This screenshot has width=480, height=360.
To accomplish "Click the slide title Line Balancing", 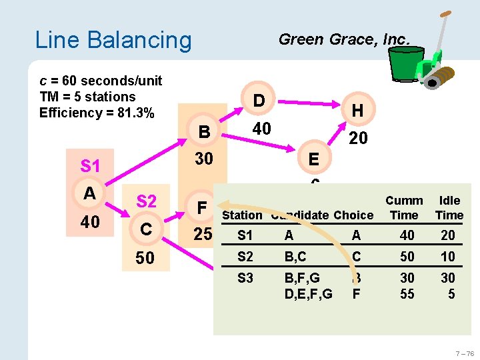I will tap(113, 40).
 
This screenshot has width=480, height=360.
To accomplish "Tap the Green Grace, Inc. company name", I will tap(343, 39).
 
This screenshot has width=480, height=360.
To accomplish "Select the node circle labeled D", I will tap(259, 101).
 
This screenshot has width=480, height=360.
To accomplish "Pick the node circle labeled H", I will tap(357, 111).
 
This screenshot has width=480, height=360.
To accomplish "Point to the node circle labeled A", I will tap(89, 193).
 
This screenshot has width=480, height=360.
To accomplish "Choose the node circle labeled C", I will tap(146, 229).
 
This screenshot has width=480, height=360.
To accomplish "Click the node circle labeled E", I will tap(313, 159).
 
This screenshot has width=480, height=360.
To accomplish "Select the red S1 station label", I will tap(89, 165).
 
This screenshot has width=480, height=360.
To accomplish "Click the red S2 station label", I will tap(146, 201).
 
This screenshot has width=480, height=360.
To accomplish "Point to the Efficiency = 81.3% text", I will tap(97, 113).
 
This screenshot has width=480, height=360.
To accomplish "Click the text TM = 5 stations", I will tap(87, 97).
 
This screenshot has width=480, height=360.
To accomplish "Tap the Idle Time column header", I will tap(449, 208).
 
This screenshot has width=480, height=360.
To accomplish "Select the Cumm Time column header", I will tap(404, 208).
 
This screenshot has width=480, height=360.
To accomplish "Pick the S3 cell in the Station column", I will tap(245, 278).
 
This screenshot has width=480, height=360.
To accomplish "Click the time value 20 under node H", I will tap(357, 137).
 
